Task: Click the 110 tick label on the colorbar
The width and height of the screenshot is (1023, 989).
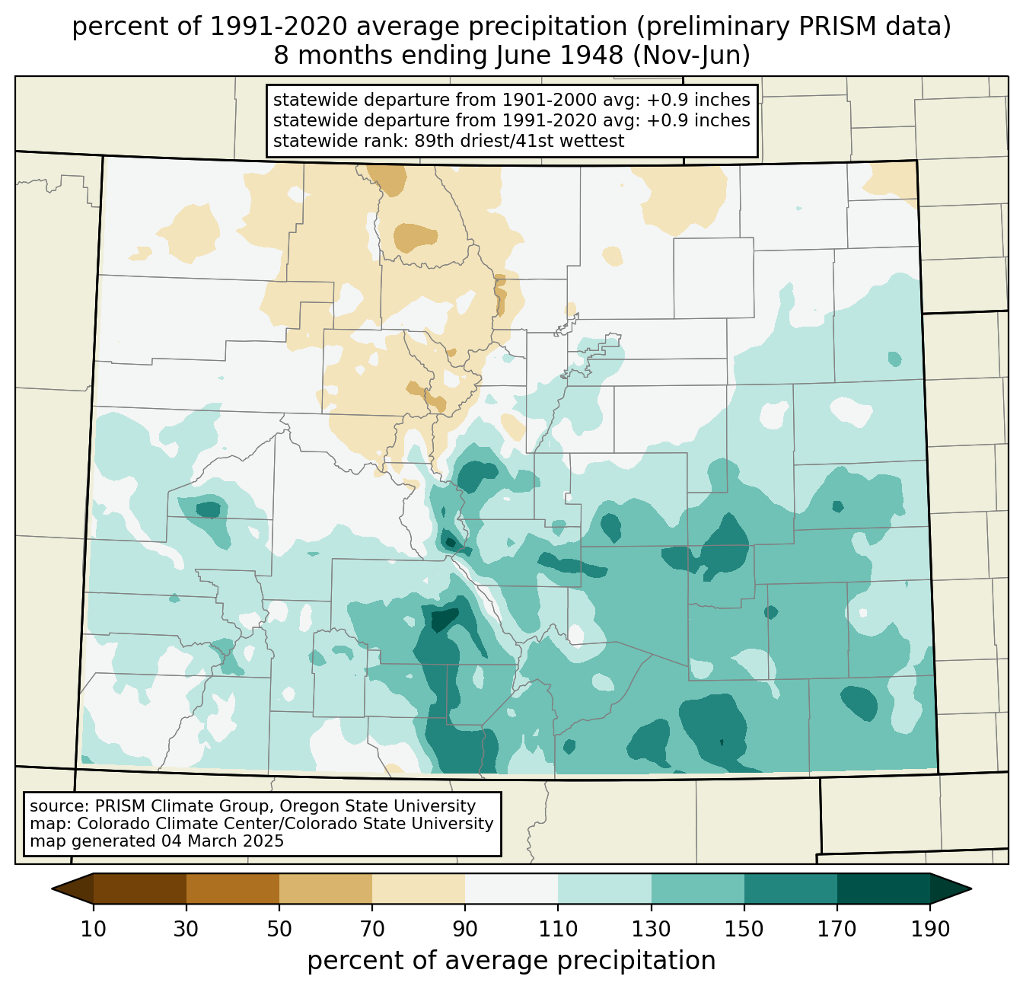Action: [x=558, y=929]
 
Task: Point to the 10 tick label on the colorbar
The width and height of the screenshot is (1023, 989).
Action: [x=94, y=929]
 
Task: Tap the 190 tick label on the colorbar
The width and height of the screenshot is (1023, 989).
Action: [x=930, y=929]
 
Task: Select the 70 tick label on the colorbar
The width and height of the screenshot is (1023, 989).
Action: [x=372, y=929]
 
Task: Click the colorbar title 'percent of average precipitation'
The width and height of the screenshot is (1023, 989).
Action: [x=511, y=961]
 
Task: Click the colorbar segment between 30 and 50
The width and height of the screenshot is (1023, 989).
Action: [x=233, y=889]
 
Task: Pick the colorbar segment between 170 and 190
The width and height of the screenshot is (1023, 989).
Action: [x=884, y=889]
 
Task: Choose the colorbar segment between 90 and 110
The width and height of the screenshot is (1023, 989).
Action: [x=511, y=889]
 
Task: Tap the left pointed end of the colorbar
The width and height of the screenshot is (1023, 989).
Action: [x=53, y=889]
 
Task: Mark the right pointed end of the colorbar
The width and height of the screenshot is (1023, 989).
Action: [x=970, y=889]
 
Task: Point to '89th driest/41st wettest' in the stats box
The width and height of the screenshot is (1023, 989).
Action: [x=519, y=141]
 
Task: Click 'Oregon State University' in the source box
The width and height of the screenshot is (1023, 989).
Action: [x=378, y=806]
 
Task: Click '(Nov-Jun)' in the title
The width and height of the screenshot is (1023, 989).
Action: [x=691, y=56]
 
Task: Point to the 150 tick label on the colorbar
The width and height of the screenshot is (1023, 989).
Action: [x=744, y=929]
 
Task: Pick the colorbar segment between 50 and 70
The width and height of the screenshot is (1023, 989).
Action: [x=326, y=889]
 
